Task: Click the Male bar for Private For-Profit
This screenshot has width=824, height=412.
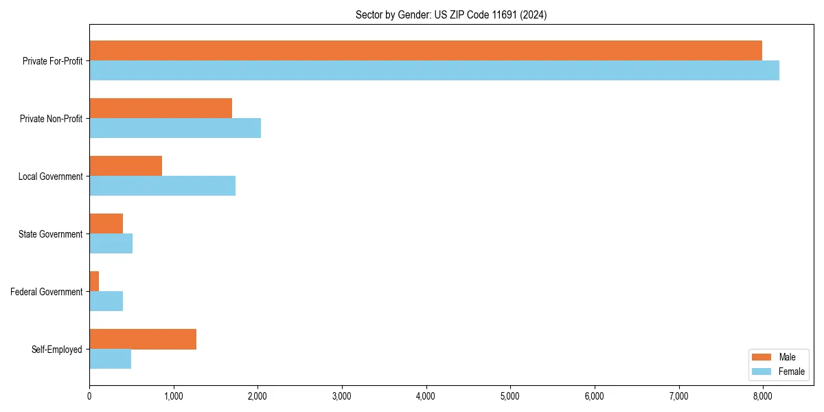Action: (426, 51)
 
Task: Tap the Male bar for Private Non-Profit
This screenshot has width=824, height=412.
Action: (161, 108)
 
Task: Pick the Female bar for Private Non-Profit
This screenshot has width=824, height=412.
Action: (175, 128)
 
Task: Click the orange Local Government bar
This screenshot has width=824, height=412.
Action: (126, 166)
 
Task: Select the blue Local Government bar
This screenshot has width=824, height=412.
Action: (162, 186)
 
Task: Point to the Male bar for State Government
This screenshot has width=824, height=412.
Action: (106, 224)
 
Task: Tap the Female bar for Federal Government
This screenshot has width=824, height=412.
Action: (106, 301)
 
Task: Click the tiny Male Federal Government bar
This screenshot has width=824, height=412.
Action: (94, 282)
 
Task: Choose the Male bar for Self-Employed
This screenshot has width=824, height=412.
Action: (143, 339)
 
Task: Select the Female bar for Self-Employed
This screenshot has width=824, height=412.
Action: (111, 359)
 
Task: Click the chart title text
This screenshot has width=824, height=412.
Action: (451, 15)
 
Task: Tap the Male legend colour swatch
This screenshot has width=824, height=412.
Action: (762, 357)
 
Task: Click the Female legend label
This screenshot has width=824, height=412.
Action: (792, 371)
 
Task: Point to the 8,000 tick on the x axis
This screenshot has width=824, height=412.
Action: (763, 396)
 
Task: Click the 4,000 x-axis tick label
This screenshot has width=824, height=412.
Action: (426, 396)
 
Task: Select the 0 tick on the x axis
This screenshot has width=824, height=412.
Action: (89, 396)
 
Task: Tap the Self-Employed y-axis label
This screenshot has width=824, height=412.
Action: (57, 350)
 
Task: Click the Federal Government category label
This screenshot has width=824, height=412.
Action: (47, 292)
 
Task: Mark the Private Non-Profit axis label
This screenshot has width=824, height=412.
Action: (52, 119)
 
